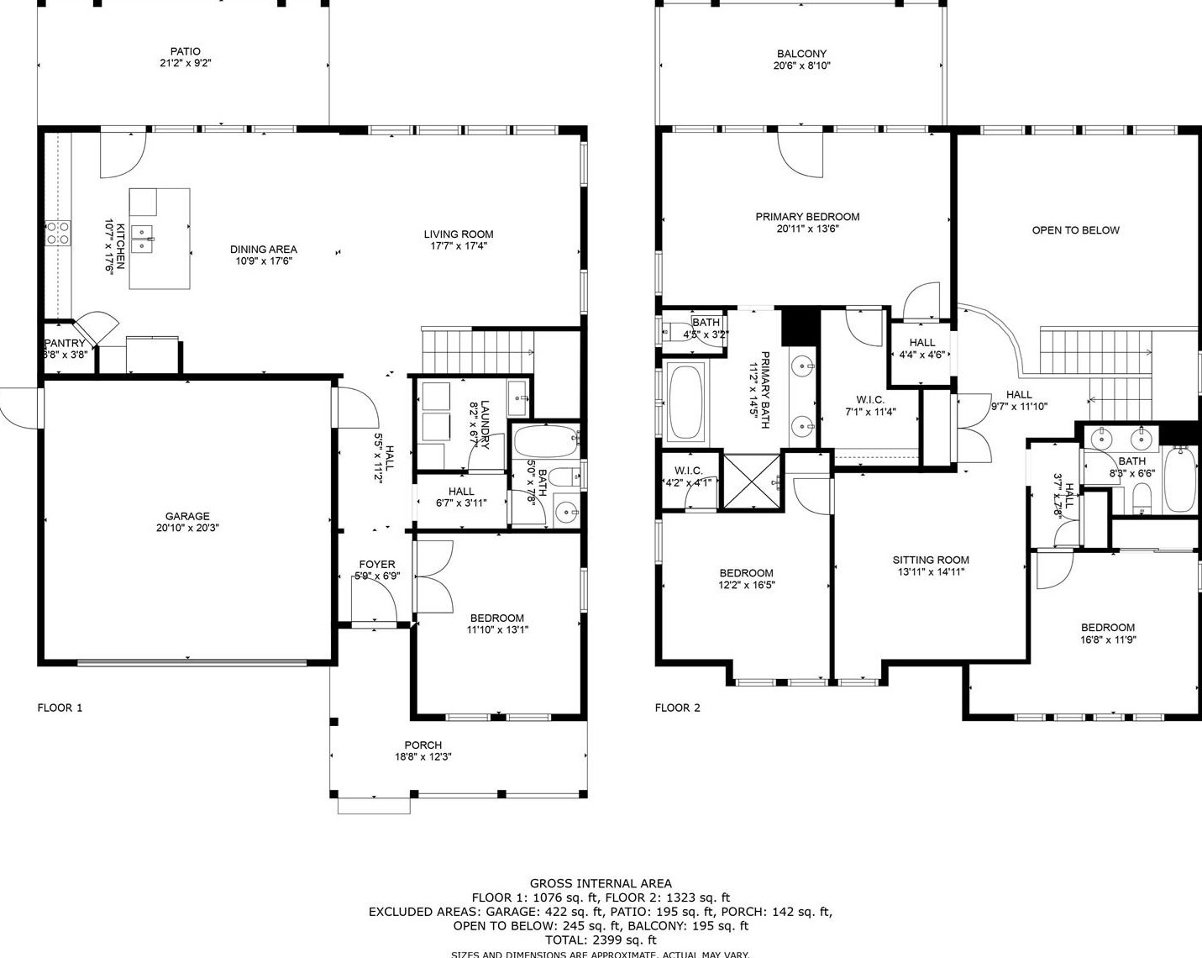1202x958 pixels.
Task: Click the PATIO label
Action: coord(185,51)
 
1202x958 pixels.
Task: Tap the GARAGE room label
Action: coord(187,516)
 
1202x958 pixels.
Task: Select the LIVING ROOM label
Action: coord(458,234)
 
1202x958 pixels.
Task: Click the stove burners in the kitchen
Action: coord(57,233)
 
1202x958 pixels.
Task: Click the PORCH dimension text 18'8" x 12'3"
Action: coord(423,756)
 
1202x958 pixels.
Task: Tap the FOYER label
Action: coord(376,565)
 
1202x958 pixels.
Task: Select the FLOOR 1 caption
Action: coord(60,708)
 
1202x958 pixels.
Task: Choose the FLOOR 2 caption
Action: coord(677,708)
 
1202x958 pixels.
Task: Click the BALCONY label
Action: coord(801,54)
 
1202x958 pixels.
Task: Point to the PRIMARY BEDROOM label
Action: coord(807,217)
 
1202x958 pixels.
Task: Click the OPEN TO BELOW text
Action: coord(1075,230)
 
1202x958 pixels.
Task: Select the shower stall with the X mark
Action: coord(750,482)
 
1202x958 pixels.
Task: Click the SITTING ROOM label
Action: coord(931,560)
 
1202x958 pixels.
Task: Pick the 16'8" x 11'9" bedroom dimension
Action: coord(1107,640)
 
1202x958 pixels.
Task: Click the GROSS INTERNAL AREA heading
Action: coord(601,883)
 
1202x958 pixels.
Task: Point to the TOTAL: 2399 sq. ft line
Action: coord(601,940)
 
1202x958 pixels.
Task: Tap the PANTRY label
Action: coord(66,343)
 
